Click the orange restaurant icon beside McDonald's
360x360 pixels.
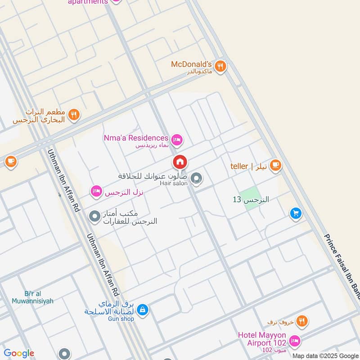[x=220, y=66]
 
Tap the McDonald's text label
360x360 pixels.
[x=191, y=64]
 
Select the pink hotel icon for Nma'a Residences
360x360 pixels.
[x=177, y=140]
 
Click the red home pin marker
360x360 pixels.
[x=180, y=162]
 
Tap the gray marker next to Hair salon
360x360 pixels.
[x=196, y=179]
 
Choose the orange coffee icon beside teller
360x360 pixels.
[x=276, y=166]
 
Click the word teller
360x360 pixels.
[x=239, y=166]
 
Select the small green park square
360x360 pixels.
[x=249, y=195]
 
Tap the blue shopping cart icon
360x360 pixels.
[x=295, y=213]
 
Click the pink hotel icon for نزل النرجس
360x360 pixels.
[x=96, y=192]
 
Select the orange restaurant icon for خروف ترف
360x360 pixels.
[x=302, y=321]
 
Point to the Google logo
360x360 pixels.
[x=19, y=353]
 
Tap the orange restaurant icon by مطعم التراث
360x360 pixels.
[x=75, y=115]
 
